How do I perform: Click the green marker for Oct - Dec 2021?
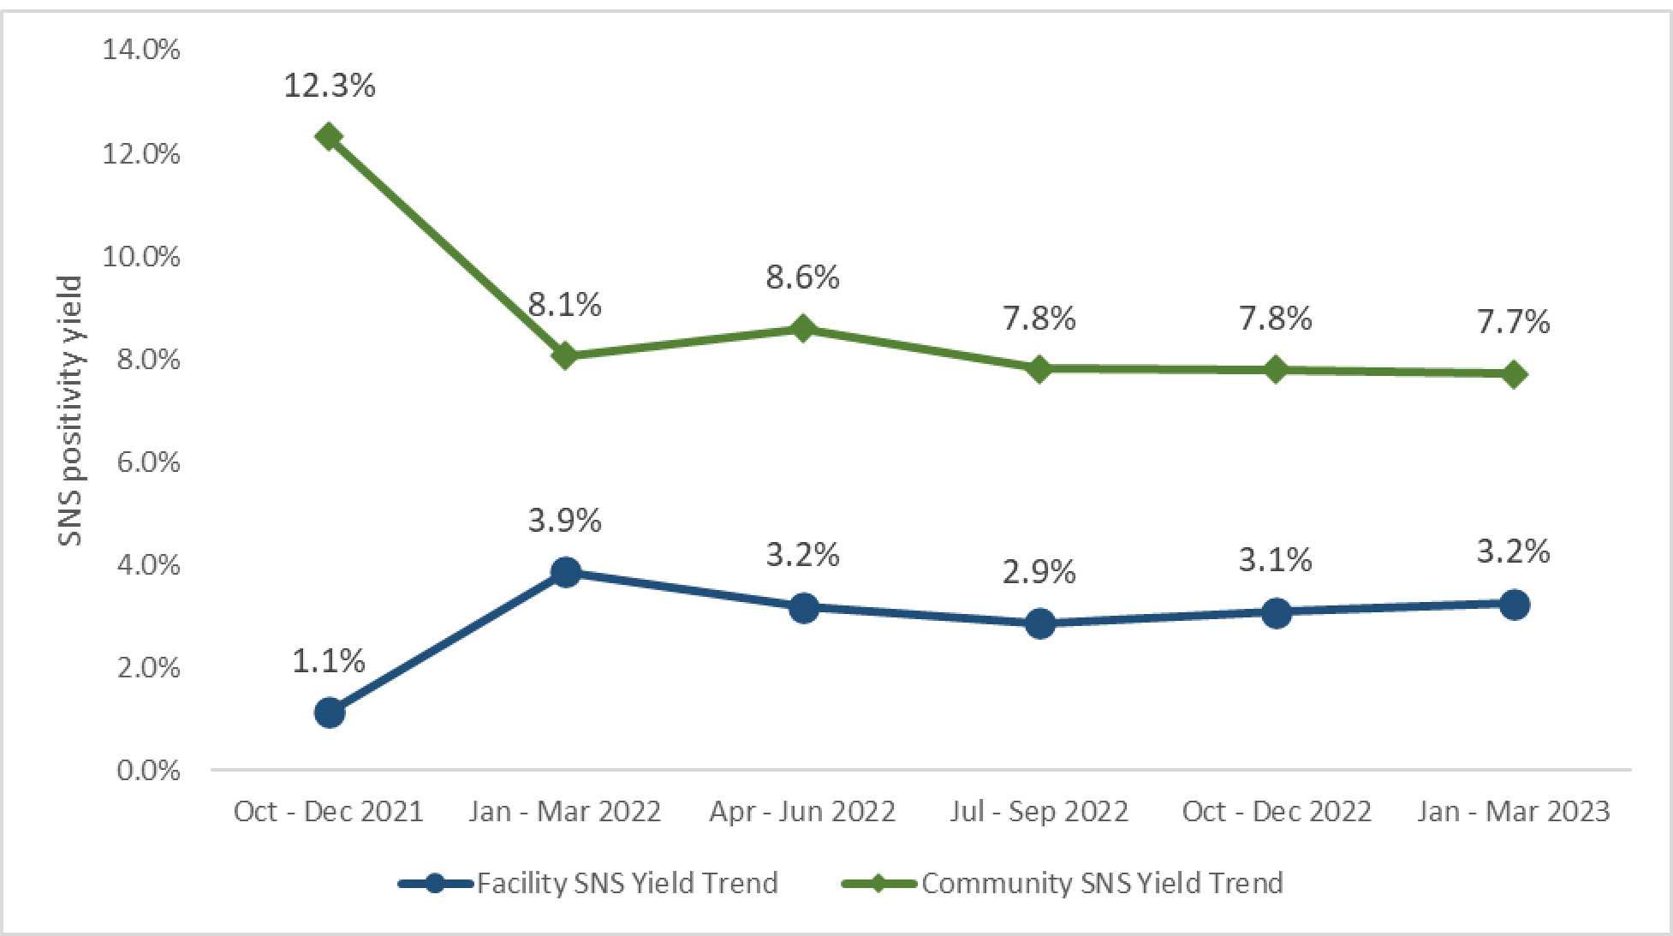329,136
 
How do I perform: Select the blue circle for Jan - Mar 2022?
565,572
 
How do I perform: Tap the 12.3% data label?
330,86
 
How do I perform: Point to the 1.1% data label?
329,661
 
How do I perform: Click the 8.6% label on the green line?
802,277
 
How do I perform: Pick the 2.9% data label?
1039,572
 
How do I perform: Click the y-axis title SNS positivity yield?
70,410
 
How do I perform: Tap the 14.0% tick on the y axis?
141,50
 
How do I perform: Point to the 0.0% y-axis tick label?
148,770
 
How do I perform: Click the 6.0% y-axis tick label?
148,462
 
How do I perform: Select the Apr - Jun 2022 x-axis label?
802,811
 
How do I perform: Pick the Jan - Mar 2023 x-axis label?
1513,811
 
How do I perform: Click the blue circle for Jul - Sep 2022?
1039,623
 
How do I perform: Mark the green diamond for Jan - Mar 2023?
1514,374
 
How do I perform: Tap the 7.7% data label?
1513,322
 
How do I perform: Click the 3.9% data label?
565,521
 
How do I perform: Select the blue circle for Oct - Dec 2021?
330,712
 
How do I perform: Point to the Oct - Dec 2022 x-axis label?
1277,811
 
